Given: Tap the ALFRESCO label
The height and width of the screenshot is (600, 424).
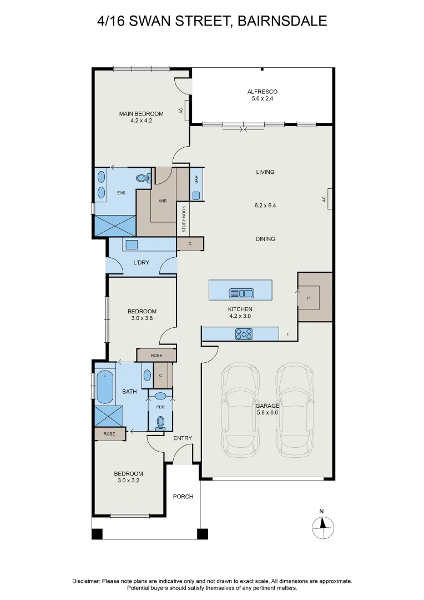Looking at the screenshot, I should [x=262, y=92].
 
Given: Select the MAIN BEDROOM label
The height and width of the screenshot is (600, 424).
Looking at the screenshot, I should [x=141, y=114].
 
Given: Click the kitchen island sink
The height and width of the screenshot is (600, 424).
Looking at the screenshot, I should [x=241, y=293].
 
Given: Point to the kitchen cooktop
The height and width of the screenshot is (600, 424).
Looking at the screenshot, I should [x=244, y=334].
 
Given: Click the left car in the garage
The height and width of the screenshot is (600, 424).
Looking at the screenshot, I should [x=240, y=410].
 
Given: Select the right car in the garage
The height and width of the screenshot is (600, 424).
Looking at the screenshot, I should [x=295, y=410].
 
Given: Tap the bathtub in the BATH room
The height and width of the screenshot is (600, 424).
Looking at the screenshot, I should [x=104, y=387].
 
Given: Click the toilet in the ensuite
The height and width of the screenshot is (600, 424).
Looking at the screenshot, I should [x=143, y=178].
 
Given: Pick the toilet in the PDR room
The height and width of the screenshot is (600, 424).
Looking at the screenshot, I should [x=160, y=423].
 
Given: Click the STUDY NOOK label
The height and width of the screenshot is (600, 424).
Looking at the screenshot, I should [x=184, y=220].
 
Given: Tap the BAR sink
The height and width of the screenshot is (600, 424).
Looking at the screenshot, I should [x=196, y=195].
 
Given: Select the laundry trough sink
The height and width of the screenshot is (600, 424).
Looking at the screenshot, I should [x=132, y=245].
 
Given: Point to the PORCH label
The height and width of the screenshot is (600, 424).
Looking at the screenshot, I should [x=183, y=497].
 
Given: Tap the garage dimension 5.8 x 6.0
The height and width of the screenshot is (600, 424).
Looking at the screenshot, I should [x=267, y=413].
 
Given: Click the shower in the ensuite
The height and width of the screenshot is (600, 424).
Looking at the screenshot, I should [x=115, y=226].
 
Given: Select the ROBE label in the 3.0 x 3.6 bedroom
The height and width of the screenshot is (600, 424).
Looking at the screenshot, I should [x=156, y=355].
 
